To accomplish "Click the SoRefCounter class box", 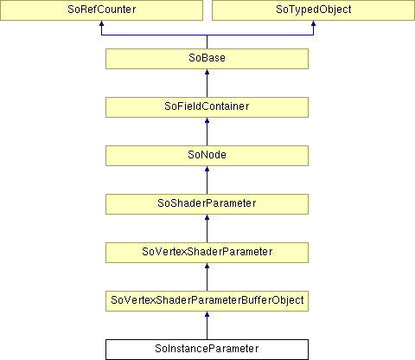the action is [101, 10].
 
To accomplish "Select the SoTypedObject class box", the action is [313, 10].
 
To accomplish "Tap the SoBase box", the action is [207, 59].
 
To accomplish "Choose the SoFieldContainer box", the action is [207, 107].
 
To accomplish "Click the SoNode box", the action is [207, 156].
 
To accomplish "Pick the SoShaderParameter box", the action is [207, 204].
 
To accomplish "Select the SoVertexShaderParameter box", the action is [207, 253].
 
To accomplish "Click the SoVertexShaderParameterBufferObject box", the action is [207, 301].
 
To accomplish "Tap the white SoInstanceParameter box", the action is [207, 350].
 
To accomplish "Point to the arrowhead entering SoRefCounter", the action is [101, 23].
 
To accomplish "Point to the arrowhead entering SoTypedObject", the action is [313, 23].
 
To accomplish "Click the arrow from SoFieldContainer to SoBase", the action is [207, 83].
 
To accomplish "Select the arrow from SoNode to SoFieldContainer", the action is [207, 132].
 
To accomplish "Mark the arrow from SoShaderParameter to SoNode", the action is [207, 180].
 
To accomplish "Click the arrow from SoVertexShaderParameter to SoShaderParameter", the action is [207, 228].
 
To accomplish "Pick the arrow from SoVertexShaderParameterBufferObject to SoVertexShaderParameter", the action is [207, 277].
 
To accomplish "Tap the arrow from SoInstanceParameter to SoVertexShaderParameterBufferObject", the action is [207, 325].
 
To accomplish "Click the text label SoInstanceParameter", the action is [207, 349].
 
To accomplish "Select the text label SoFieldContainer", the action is [207, 106].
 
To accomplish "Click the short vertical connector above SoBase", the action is [207, 42].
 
